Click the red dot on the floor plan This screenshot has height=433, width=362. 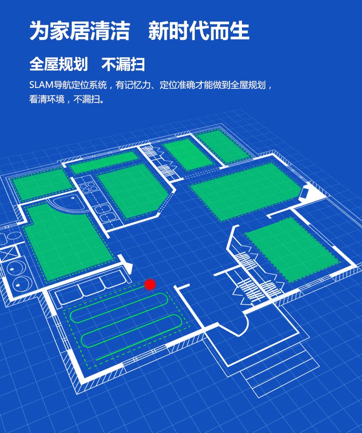[x=150, y=285]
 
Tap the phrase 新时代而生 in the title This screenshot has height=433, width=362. [x=199, y=32]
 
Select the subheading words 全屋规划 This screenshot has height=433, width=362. [x=58, y=65]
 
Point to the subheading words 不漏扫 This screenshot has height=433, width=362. [x=123, y=65]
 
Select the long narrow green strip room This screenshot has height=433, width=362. [x=104, y=163]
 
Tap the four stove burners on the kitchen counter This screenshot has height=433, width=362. [x=87, y=188]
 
